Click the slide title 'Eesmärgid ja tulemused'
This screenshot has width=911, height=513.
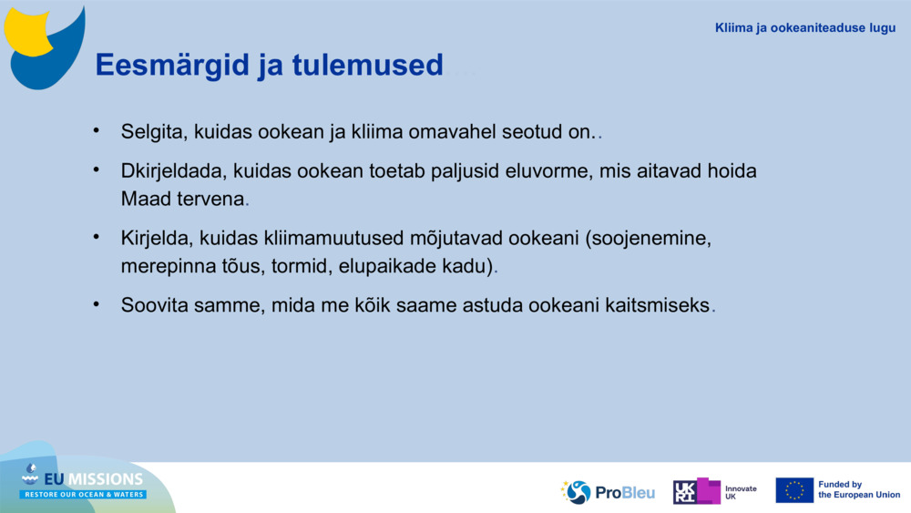[269, 66]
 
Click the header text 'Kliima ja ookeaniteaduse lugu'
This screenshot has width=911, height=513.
[805, 28]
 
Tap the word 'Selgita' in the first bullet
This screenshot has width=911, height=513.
[153, 132]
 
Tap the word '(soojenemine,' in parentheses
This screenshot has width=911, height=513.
[648, 239]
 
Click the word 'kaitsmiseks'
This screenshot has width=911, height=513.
[657, 306]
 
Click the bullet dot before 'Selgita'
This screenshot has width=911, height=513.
[97, 131]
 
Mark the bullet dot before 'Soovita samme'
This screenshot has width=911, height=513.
[97, 304]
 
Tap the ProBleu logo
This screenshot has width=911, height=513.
[608, 492]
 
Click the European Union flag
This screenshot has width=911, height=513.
[794, 490]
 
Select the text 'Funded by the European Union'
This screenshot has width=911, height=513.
[858, 490]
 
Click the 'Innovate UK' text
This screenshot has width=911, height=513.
[740, 492]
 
